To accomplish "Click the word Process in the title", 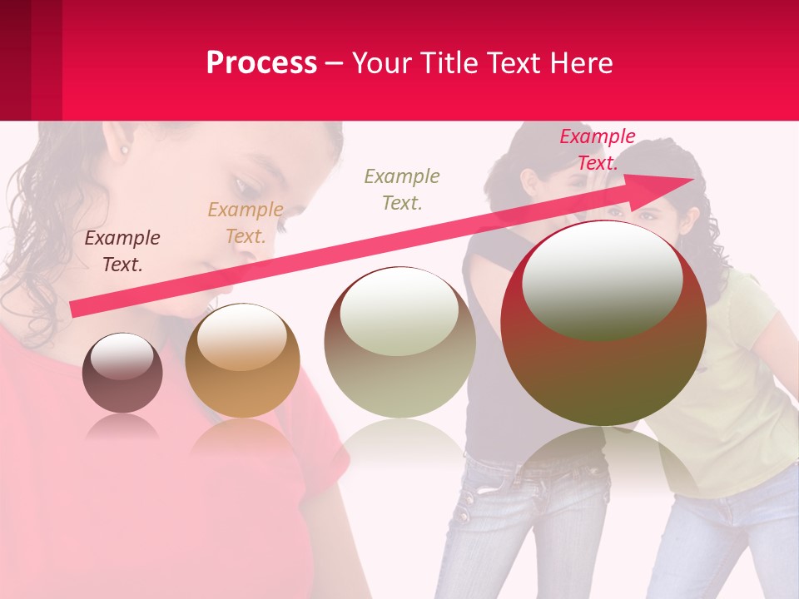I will tap(261, 63).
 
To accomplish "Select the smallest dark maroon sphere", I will tap(122, 373).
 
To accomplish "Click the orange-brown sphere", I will tap(242, 360).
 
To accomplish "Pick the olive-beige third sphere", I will tap(399, 342).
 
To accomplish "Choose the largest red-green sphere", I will tap(603, 323).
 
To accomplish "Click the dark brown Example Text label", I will tap(122, 251).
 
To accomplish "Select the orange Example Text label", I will tap(246, 223).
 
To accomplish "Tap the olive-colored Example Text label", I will tap(402, 189).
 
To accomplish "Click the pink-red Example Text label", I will tap(597, 150).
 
